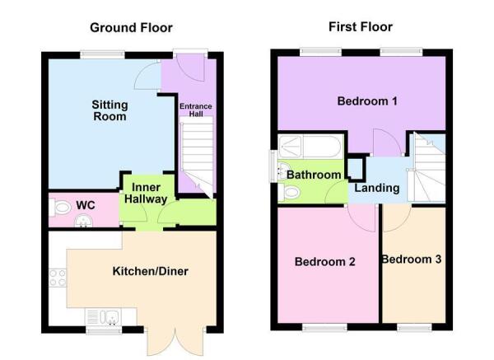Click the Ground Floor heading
131,28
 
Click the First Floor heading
360,27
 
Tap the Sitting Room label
109,110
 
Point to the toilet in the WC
58,204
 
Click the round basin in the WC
82,220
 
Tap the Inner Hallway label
146,194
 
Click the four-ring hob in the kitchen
57,278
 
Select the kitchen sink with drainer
109,315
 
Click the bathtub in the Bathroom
305,149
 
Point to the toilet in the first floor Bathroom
289,193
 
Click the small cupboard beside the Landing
356,167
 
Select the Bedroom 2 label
325,262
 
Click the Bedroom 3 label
411,259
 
